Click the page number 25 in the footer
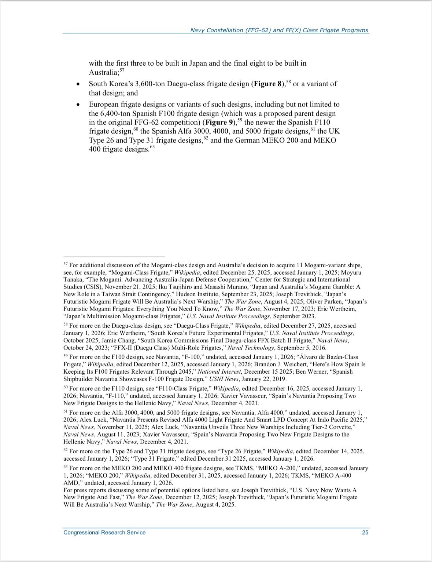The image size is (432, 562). point(365,532)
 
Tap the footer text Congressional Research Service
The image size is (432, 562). point(104,532)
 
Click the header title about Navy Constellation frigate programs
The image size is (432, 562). point(279,30)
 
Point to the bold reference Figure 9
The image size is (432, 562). point(219,122)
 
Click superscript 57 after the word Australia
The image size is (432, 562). point(122,70)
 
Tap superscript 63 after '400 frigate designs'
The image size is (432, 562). point(152,147)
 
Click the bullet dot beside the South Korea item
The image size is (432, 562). point(78,84)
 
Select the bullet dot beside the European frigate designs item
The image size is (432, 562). point(78,105)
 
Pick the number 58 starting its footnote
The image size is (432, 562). point(66,325)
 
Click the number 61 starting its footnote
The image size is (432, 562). point(66,412)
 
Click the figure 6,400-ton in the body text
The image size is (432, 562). point(117,113)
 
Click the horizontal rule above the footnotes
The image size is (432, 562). point(114,257)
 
